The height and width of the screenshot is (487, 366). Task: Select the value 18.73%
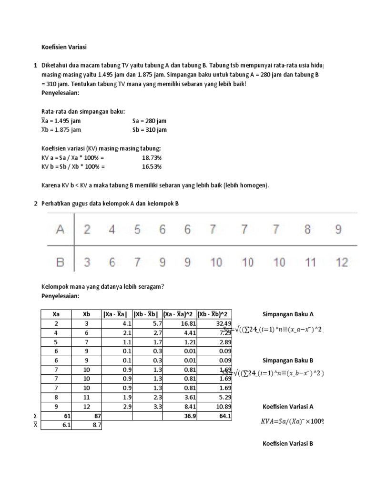tap(152, 157)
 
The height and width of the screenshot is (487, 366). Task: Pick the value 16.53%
tap(152, 166)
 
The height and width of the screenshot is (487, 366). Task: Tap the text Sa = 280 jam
tap(149, 121)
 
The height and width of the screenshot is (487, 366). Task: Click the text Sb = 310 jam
tap(149, 130)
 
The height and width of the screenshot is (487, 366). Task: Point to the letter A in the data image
tap(61, 230)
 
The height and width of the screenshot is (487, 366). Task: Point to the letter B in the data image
tap(61, 262)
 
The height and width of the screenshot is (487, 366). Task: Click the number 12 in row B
tap(342, 262)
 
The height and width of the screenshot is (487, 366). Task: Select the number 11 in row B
tap(310, 262)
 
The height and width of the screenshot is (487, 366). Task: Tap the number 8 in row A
tap(307, 230)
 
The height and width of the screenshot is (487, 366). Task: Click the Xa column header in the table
tap(55, 314)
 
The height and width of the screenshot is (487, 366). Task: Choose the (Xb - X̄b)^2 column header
tap(214, 314)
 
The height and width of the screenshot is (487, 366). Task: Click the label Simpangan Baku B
tap(288, 360)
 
